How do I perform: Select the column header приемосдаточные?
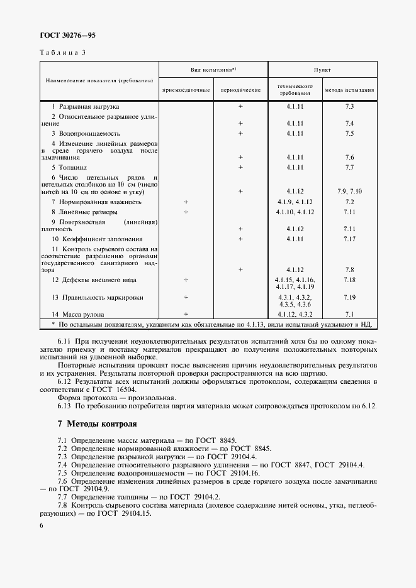(x=186, y=90)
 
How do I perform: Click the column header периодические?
(x=240, y=90)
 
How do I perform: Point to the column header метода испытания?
(x=350, y=90)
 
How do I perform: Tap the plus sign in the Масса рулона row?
(x=186, y=313)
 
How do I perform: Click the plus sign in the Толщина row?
(x=240, y=168)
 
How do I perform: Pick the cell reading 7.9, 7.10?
(x=350, y=191)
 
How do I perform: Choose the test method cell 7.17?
(x=350, y=239)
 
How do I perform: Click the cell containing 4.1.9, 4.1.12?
(x=295, y=202)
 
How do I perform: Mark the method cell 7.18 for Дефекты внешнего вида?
(x=350, y=279)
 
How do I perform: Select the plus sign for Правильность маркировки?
(x=186, y=297)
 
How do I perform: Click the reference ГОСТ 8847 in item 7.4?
(x=283, y=464)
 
